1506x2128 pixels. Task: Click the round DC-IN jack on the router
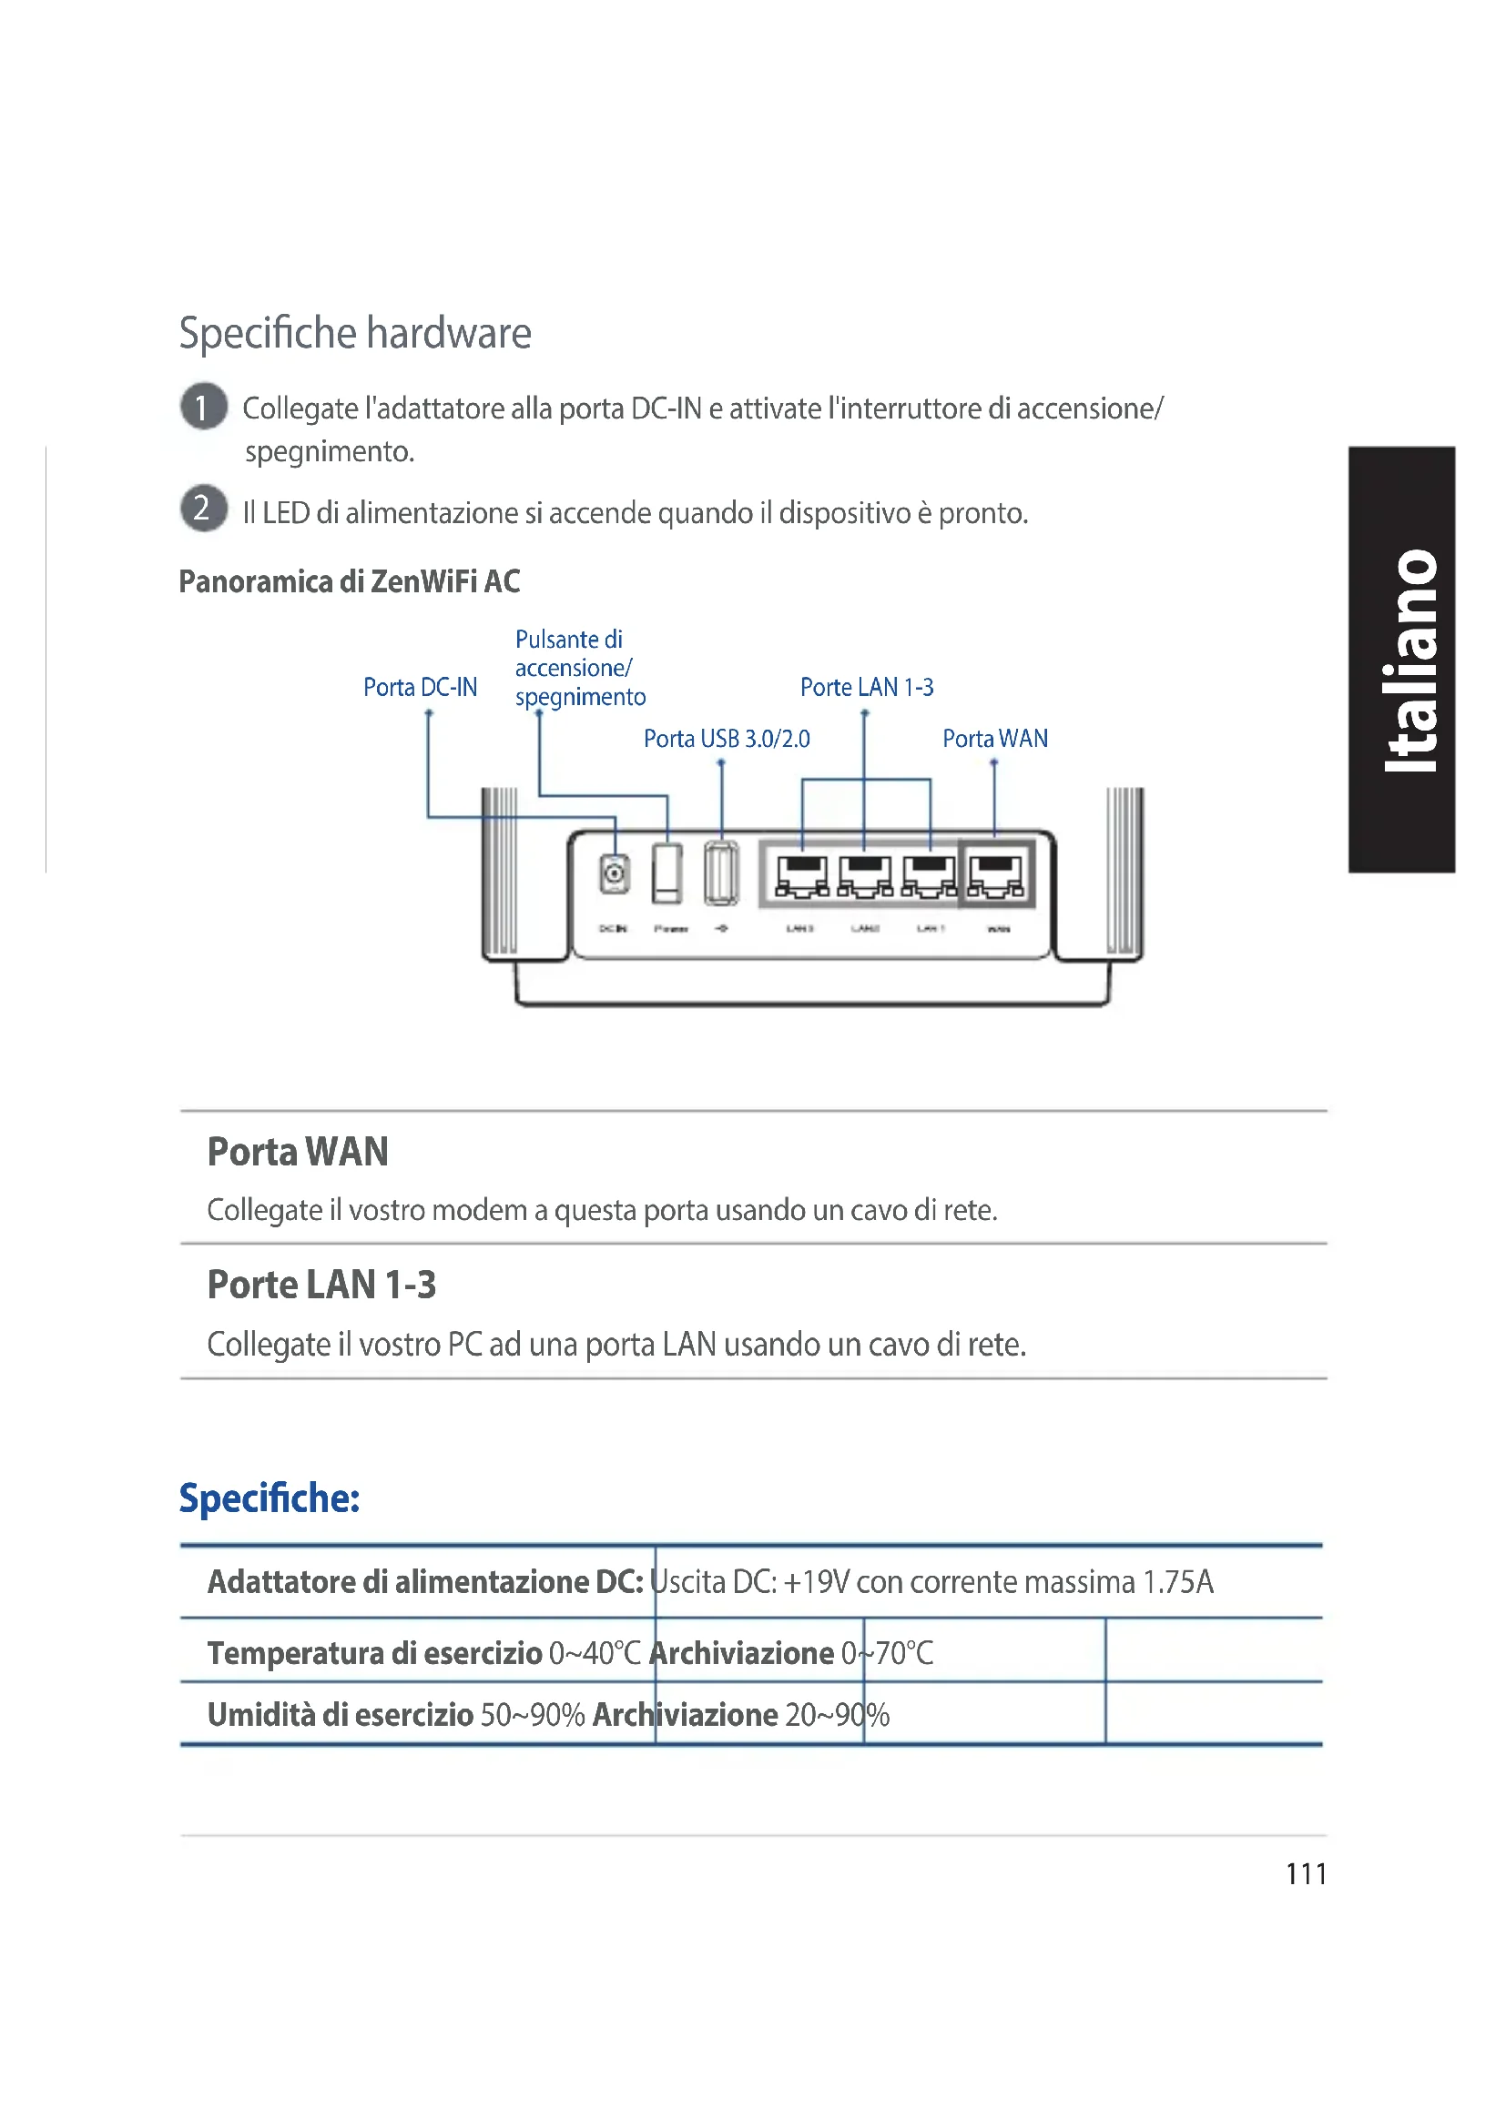pos(613,873)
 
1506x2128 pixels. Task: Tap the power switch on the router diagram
pos(667,873)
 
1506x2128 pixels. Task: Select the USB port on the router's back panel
pos(720,873)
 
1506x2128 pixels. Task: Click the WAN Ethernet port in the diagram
pos(996,876)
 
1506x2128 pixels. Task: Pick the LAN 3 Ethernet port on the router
pos(802,876)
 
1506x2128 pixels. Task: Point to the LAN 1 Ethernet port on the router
pos(930,876)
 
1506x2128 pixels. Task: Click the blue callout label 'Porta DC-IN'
pos(420,688)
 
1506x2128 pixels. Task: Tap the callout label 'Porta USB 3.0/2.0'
pos(726,739)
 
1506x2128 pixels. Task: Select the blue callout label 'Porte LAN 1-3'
pos(866,688)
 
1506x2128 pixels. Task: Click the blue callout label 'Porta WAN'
pos(995,739)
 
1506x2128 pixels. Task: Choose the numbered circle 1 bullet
pos(203,407)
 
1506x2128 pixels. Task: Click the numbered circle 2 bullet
pos(203,509)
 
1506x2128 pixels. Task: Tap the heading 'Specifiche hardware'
pos(355,333)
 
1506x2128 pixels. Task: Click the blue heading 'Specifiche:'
pos(269,1498)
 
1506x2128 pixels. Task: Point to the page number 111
pos(1306,1874)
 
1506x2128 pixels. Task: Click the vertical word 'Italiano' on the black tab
pos(1409,660)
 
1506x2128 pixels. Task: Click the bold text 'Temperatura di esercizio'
pos(374,1652)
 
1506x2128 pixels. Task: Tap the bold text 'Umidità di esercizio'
pos(341,1715)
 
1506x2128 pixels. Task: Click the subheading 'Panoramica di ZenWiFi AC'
pos(350,582)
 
